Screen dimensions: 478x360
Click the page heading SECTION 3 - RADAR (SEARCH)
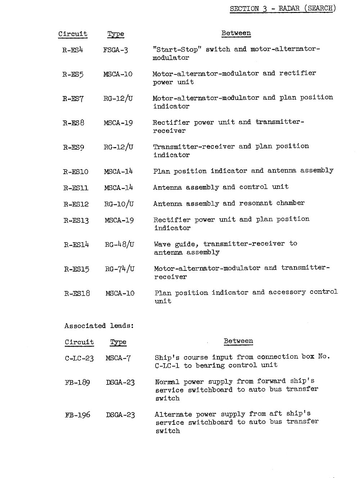[283, 9]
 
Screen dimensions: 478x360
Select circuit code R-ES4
[73, 50]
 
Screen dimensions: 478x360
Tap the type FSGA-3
[116, 50]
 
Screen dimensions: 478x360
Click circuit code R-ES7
[73, 98]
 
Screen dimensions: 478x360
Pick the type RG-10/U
[119, 204]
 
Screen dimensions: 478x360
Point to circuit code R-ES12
[76, 204]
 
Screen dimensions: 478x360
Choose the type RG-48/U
[120, 245]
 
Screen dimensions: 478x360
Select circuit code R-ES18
[77, 293]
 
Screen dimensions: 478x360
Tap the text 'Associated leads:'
[99, 326]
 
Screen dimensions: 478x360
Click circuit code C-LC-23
[79, 358]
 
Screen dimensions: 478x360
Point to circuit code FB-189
[77, 382]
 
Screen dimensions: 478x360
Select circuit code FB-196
[77, 415]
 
